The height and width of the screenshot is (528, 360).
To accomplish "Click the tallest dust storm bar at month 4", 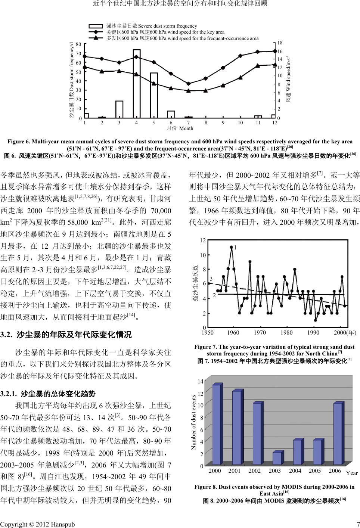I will tap(137, 84).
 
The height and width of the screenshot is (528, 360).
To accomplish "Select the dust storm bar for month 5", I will tap(154, 95).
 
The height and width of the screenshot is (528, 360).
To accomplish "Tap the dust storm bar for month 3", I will tap(119, 109).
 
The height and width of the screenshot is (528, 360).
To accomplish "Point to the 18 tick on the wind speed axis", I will tap(281, 43).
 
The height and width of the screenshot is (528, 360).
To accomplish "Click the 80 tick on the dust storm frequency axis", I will tap(78, 44).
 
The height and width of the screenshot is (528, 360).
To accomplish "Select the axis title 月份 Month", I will tap(180, 128).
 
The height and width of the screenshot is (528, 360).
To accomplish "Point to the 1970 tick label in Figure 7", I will tap(260, 332).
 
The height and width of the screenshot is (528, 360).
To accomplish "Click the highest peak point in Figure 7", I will tap(232, 247).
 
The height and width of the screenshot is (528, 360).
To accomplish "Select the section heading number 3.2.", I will tap(6, 334).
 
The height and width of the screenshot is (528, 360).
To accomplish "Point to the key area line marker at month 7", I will tap(189, 84).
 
